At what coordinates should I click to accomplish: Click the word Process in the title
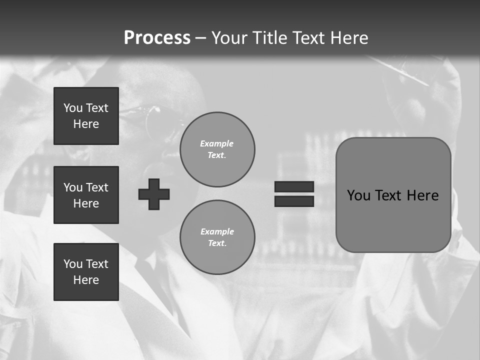click(x=157, y=38)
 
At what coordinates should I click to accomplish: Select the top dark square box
click(x=86, y=116)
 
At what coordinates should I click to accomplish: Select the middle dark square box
click(x=86, y=195)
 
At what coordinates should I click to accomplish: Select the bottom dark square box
click(x=86, y=272)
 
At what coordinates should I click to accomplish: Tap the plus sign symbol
click(x=154, y=194)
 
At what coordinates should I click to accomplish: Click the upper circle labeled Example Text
click(x=217, y=149)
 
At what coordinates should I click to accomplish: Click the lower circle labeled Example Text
click(x=217, y=237)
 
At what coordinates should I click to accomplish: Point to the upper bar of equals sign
click(x=294, y=186)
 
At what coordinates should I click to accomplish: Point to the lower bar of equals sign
click(x=294, y=201)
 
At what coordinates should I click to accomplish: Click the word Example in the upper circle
click(x=216, y=143)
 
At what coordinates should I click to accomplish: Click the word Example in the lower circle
click(x=217, y=231)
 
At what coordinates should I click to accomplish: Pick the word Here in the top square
click(x=86, y=124)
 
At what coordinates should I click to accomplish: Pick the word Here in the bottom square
click(x=86, y=280)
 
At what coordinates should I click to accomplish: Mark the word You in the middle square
click(x=73, y=187)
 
